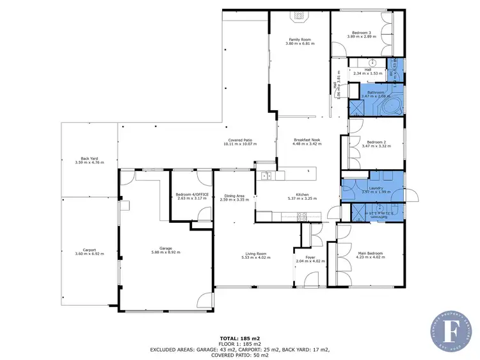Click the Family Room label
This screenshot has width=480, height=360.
[299, 39]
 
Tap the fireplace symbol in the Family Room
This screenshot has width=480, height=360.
[299, 18]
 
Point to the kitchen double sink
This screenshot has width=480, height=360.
[267, 176]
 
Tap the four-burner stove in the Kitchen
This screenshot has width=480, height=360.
[301, 216]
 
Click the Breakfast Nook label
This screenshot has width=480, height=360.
[307, 140]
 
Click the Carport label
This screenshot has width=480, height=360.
[89, 250]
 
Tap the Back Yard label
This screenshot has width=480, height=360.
[89, 158]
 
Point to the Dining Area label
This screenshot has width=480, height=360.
[234, 195]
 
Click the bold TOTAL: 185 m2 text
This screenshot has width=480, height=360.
[239, 337]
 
